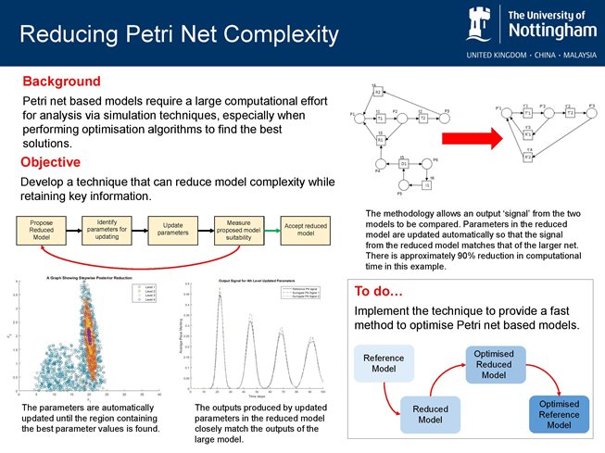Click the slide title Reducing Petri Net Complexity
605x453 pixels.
point(179,36)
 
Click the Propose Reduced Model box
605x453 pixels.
point(42,228)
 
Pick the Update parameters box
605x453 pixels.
point(172,228)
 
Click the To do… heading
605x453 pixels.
point(378,292)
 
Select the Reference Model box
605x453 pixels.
point(383,363)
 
